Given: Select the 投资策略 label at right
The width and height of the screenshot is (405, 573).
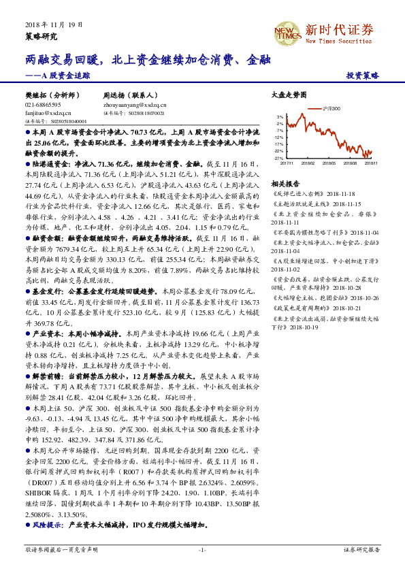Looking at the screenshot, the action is point(362,76).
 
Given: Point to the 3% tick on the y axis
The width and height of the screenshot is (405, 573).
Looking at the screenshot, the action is point(280,116).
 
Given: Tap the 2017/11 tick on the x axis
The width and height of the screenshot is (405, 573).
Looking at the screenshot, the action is point(287,163).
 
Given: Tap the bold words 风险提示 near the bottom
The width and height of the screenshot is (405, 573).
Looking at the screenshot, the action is point(45,525).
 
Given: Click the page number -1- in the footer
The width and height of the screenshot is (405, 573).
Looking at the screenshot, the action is point(202,549).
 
